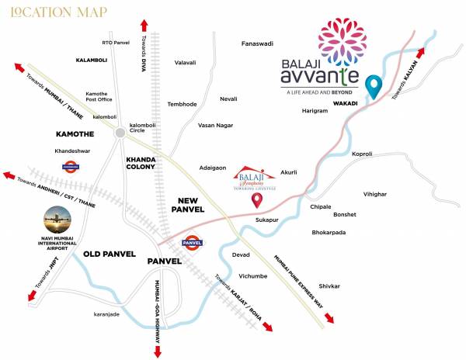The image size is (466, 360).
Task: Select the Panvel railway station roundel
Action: pyautogui.click(x=192, y=243)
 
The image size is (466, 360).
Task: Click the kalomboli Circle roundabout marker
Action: pyautogui.click(x=120, y=133)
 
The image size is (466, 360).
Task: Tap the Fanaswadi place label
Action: pyautogui.click(x=258, y=43)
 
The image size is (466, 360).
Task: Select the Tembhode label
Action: pyautogui.click(x=181, y=104)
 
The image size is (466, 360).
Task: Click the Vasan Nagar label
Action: pyautogui.click(x=216, y=124)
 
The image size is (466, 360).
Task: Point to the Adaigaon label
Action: pyautogui.click(x=212, y=167)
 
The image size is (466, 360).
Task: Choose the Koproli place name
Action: pyautogui.click(x=362, y=154)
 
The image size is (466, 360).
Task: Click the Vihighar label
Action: pyautogui.click(x=374, y=193)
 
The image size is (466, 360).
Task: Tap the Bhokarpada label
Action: pyautogui.click(x=329, y=232)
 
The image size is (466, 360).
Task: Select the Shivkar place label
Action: pyautogui.click(x=329, y=286)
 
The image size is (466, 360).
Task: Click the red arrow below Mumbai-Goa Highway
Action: pyautogui.click(x=158, y=350)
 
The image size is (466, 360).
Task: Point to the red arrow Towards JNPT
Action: pyautogui.click(x=33, y=295)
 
